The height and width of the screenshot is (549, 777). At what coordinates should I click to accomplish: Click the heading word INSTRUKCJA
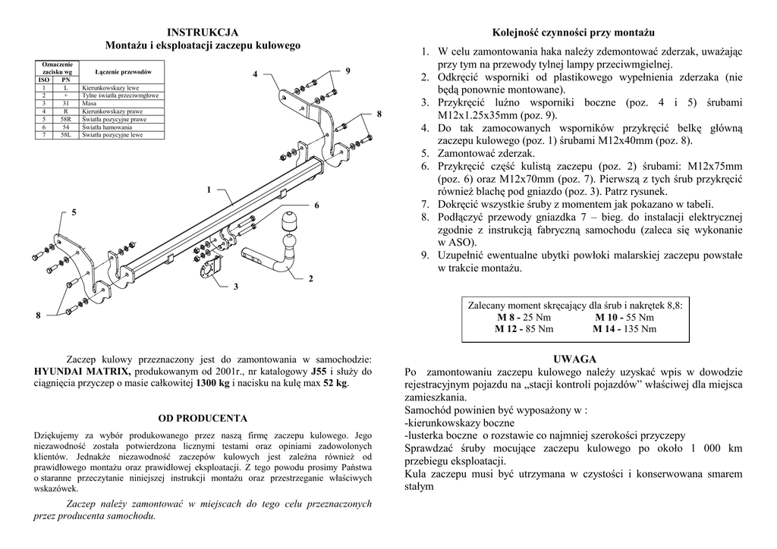[x=203, y=32]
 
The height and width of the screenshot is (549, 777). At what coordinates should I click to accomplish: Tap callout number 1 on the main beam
[x=208, y=190]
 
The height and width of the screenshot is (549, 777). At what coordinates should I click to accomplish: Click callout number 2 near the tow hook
[x=310, y=279]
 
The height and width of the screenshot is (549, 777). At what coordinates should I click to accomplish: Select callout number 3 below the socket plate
[x=236, y=287]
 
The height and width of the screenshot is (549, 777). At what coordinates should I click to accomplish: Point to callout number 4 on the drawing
[x=256, y=74]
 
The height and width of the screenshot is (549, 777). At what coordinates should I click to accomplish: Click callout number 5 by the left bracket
[x=74, y=212]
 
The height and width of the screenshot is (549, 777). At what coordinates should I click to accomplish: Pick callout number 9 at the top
[x=348, y=71]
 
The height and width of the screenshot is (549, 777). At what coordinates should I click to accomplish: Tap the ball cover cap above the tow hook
[x=290, y=221]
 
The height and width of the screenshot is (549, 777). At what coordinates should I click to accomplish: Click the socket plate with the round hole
[x=206, y=270]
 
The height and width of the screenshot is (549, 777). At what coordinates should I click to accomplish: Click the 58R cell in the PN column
[x=65, y=119]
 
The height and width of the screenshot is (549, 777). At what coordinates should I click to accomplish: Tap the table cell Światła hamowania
[x=106, y=127]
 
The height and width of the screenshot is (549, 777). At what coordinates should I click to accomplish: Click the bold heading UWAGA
[x=574, y=359]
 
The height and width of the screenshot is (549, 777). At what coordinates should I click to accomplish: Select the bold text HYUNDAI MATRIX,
[x=83, y=372]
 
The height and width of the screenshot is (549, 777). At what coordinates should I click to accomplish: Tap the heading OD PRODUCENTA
[x=203, y=418]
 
